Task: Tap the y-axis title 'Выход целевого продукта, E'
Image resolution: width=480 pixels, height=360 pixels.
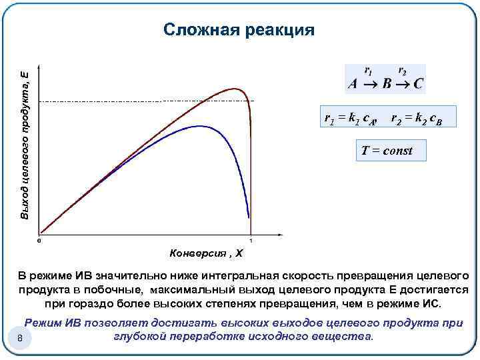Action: pos(25,144)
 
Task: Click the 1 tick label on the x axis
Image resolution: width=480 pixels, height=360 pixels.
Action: pos(251,241)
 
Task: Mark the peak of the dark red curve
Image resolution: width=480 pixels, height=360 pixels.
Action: pos(233,89)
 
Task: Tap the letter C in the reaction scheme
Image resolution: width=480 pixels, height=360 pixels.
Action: pos(418,85)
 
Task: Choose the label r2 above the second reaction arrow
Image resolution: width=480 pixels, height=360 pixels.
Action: pos(402,70)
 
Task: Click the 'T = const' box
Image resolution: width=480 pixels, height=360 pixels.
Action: pos(387,151)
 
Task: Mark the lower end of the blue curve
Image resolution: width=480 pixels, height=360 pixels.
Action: pos(249,217)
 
